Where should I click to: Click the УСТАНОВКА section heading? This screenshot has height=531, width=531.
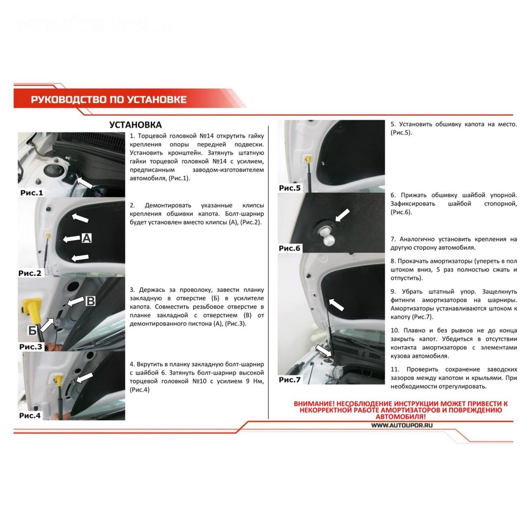[135, 125]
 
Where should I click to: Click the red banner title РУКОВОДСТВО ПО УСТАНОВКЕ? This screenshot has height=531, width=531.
[109, 100]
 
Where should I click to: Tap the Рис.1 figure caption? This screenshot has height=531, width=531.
[32, 192]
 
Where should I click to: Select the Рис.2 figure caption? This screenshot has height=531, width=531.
[30, 273]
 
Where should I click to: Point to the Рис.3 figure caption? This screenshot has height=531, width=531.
[31, 347]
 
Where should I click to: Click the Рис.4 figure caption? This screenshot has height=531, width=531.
[30, 415]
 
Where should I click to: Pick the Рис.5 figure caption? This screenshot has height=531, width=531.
[290, 188]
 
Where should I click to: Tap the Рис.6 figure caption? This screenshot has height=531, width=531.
[289, 248]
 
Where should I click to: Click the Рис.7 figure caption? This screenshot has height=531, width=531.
[290, 380]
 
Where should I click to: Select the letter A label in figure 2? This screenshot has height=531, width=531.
[86, 238]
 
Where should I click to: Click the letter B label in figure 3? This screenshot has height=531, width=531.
[91, 301]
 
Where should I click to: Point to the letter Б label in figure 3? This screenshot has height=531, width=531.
[33, 330]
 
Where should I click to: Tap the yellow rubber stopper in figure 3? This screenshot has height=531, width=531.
[32, 312]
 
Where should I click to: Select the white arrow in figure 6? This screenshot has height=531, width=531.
[343, 215]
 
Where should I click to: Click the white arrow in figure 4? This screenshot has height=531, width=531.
[84, 378]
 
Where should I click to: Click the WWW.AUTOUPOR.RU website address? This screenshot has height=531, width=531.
[402, 425]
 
